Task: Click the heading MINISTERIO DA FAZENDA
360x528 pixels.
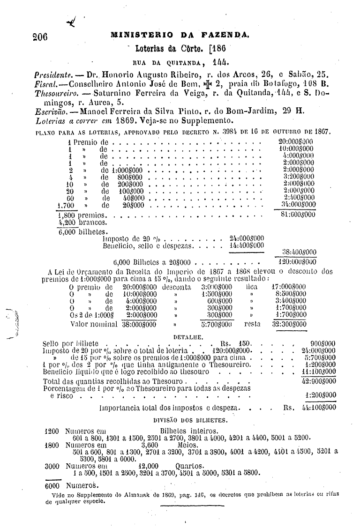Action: [180, 34]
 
